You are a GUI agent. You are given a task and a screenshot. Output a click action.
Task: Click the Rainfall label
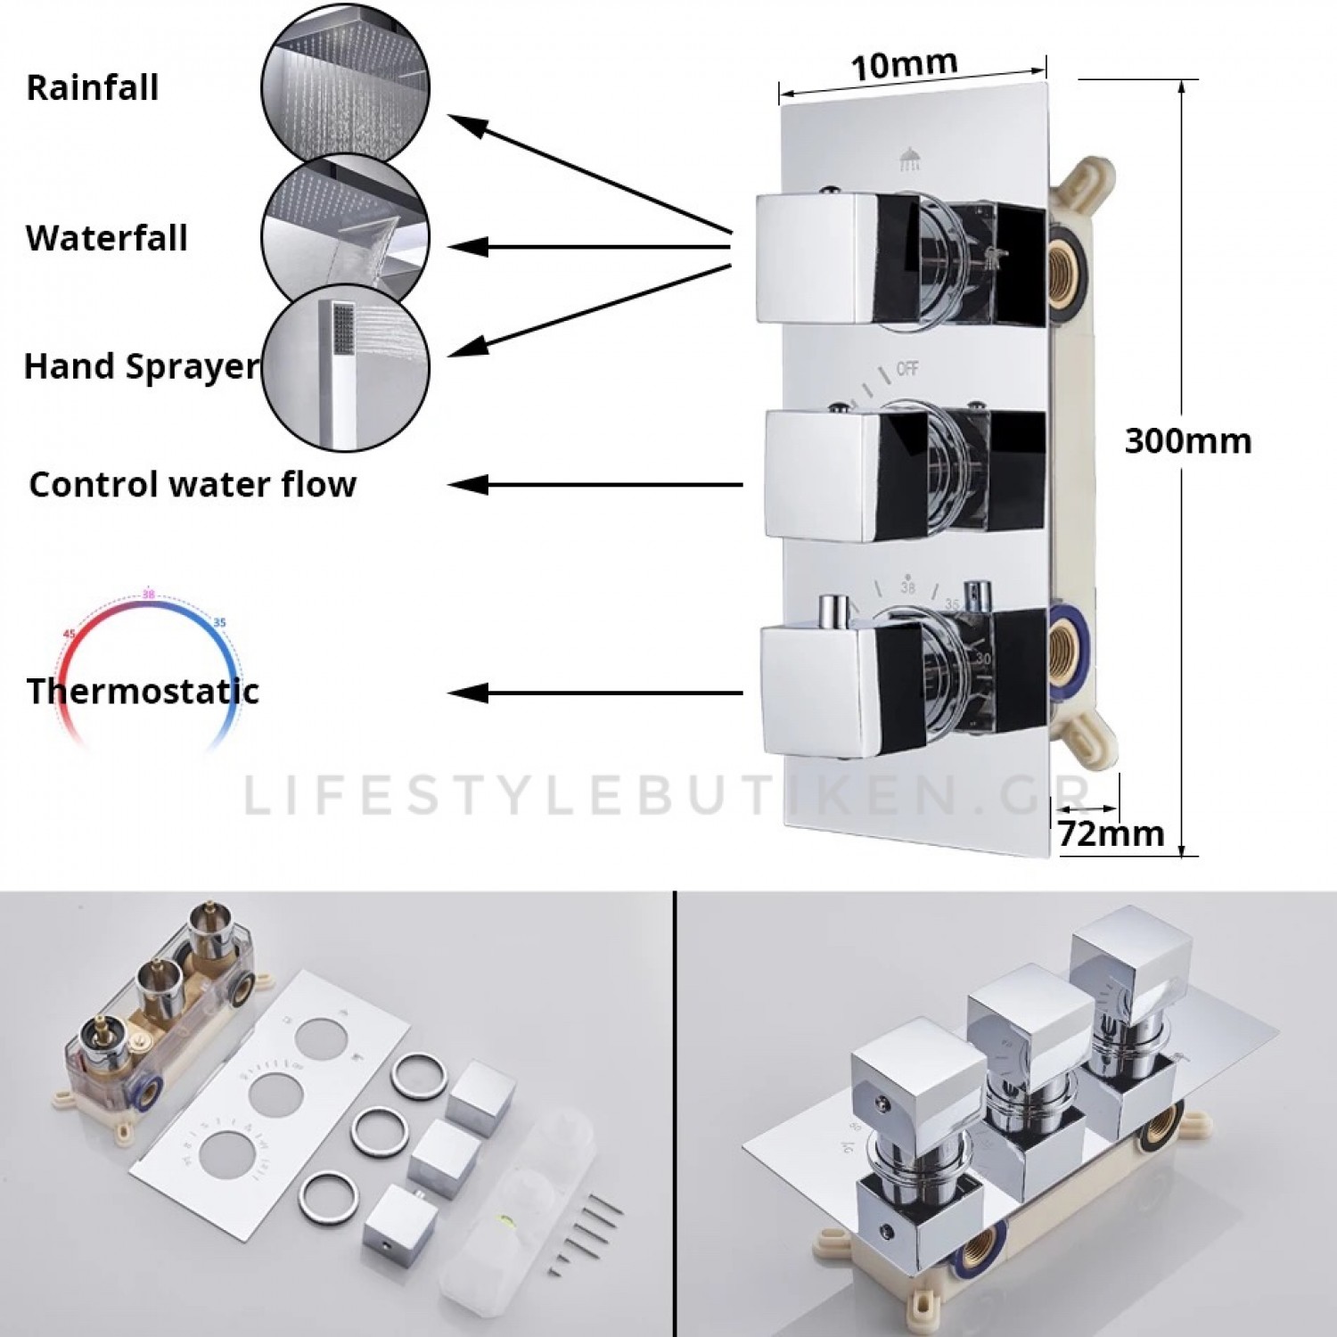click(x=93, y=88)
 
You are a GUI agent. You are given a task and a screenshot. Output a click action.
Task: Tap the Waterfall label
click(x=107, y=239)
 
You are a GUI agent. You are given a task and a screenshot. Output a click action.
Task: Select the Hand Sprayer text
click(x=141, y=366)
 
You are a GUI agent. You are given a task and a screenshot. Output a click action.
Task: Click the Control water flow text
click(x=193, y=485)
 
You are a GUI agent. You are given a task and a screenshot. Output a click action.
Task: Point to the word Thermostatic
click(x=143, y=692)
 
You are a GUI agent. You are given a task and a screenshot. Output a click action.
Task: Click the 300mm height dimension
click(x=1187, y=441)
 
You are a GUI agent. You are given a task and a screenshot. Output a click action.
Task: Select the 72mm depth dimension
click(x=1111, y=833)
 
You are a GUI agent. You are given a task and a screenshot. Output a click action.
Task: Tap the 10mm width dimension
click(x=904, y=66)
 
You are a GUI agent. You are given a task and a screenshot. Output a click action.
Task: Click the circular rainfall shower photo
click(x=346, y=87)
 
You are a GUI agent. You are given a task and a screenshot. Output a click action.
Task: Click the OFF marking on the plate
click(x=906, y=368)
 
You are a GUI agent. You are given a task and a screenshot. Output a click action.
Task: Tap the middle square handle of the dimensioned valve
click(x=820, y=472)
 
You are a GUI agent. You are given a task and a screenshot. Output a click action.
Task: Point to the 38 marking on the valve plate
click(x=907, y=587)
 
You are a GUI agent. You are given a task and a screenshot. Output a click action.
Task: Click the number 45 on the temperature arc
click(x=70, y=634)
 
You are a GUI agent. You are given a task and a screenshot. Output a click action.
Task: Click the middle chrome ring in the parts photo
click(x=380, y=1129)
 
